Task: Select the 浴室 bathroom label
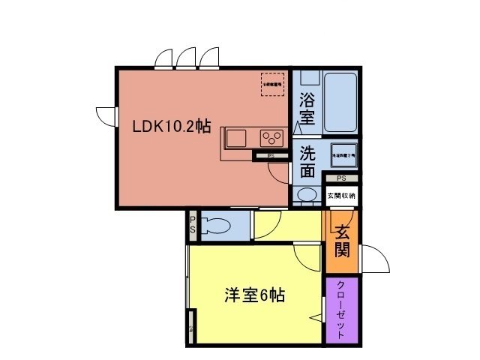(306, 108)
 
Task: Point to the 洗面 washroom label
(307, 161)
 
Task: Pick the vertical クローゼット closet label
(341, 309)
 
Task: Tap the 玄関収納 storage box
(341, 196)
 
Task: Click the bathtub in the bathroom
(336, 103)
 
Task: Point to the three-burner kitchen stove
(271, 138)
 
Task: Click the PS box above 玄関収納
(341, 178)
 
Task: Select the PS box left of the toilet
(192, 225)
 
